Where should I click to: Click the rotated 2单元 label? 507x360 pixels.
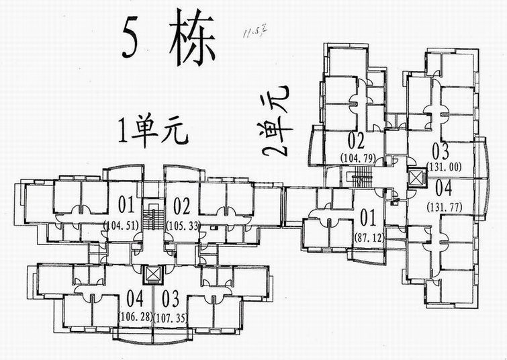[275, 122]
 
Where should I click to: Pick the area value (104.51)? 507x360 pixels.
[122, 225]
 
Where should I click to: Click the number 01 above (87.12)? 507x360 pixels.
[367, 218]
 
